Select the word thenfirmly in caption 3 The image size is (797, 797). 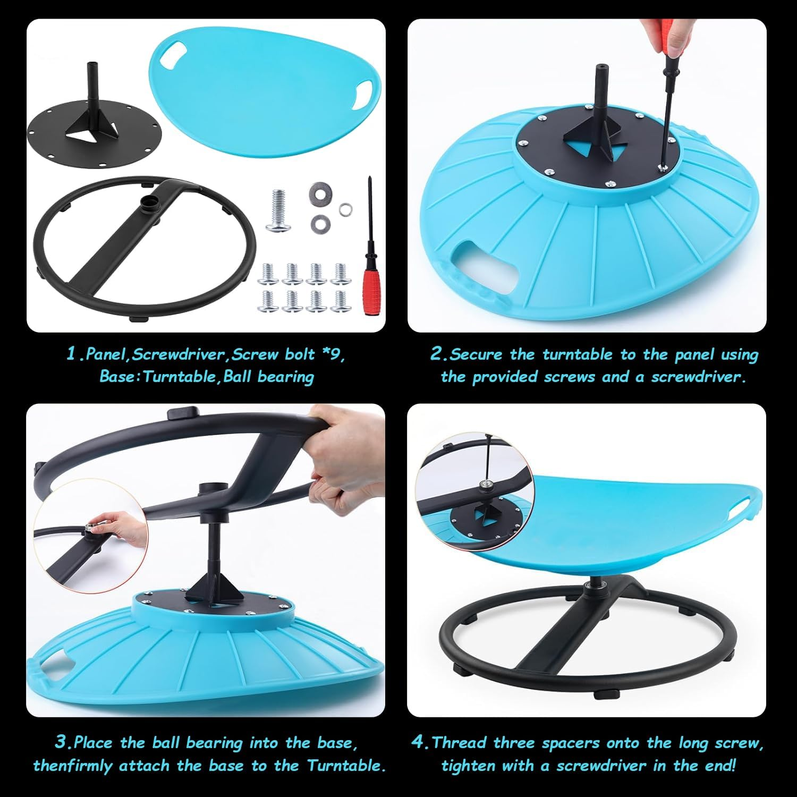point(73,766)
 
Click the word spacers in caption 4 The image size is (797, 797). point(575,742)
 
